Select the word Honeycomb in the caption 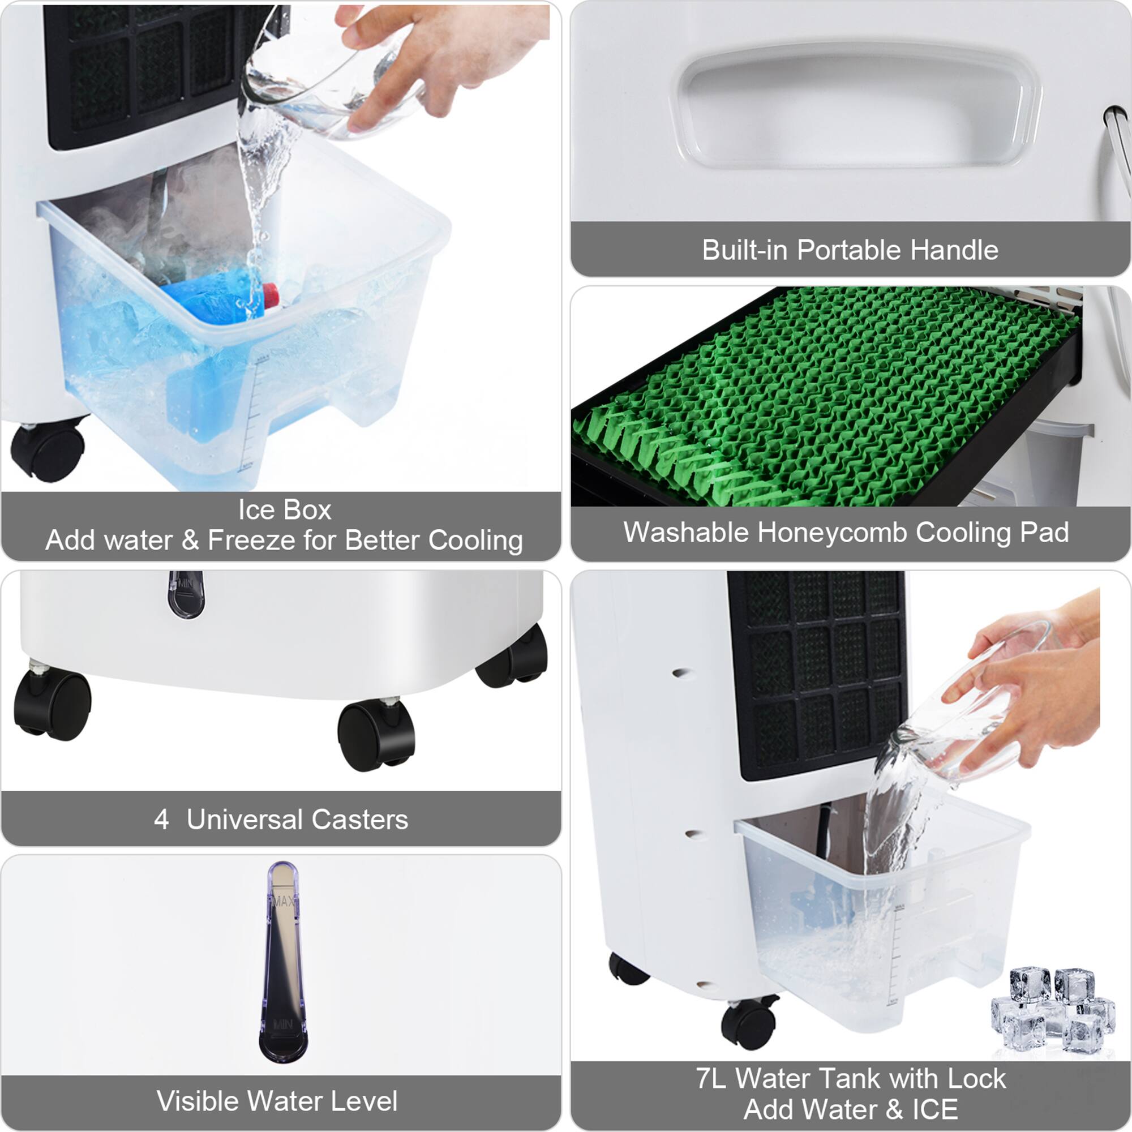(x=835, y=533)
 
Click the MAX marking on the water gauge (x=283, y=902)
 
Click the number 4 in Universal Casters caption (x=162, y=820)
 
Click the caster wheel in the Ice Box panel (x=47, y=450)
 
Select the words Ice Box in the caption (x=284, y=510)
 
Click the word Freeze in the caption (x=252, y=540)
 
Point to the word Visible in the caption (x=195, y=1101)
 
